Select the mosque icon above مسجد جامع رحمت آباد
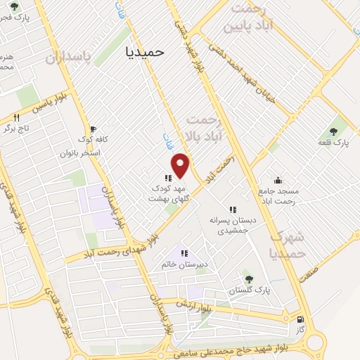pos(278,179)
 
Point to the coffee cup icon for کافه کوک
pos(91,129)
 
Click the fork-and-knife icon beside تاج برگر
pos(18,117)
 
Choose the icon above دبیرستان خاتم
pos(184,253)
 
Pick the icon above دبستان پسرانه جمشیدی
pos(233,210)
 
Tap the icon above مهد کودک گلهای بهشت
pos(168,178)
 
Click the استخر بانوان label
pos(82,153)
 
